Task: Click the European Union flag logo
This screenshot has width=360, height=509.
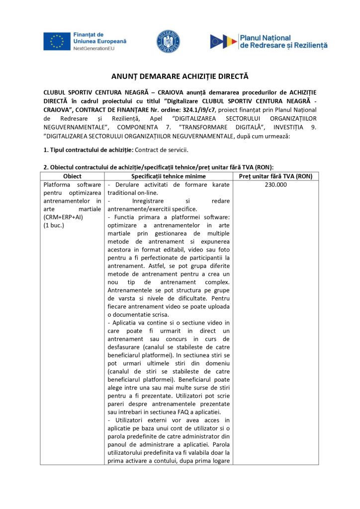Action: coord(57,41)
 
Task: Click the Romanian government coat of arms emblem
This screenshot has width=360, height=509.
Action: coord(169,41)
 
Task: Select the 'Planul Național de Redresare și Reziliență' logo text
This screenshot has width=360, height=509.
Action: coord(283,41)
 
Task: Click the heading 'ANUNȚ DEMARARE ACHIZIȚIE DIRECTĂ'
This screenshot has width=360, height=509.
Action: coord(180,77)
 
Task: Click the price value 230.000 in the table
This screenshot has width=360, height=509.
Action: coord(275,184)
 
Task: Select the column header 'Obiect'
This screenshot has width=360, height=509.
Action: coord(73,176)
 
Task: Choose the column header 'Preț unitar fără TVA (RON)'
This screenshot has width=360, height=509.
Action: coord(275,176)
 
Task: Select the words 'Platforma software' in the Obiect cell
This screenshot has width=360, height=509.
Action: coord(72,184)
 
